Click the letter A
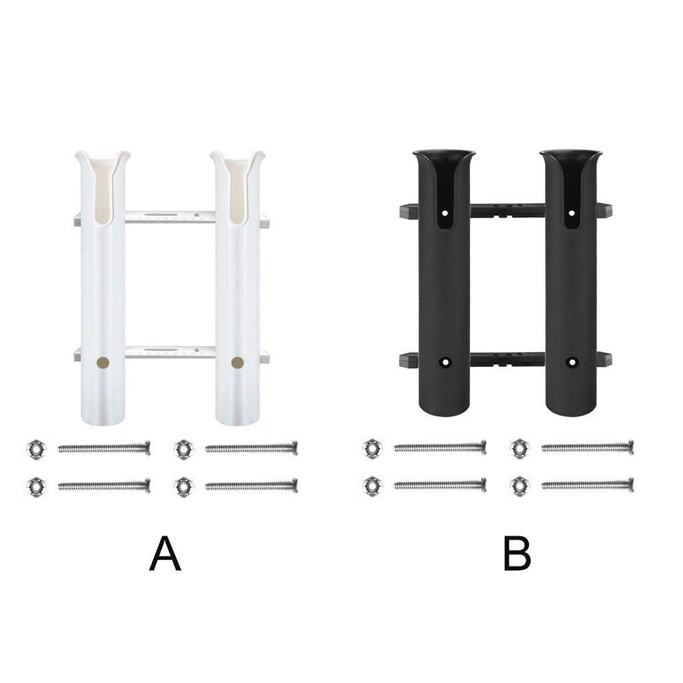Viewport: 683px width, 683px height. pyautogui.click(x=165, y=554)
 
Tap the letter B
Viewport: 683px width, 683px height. pyautogui.click(x=517, y=554)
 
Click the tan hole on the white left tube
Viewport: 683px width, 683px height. pyautogui.click(x=102, y=362)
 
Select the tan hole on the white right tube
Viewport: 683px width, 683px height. pyautogui.click(x=237, y=362)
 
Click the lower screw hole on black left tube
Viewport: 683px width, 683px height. pyautogui.click(x=444, y=362)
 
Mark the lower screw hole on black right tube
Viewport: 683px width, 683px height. pyautogui.click(x=571, y=362)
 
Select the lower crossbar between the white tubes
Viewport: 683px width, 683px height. pyautogui.click(x=170, y=352)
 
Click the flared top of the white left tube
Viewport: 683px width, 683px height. pyautogui.click(x=102, y=161)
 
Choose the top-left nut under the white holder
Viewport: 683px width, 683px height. pyautogui.click(x=32, y=448)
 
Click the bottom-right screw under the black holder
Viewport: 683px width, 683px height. pyautogui.click(x=587, y=484)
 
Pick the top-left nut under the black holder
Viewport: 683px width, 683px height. pyautogui.click(x=371, y=448)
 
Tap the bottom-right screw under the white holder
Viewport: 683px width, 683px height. pyautogui.click(x=251, y=485)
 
